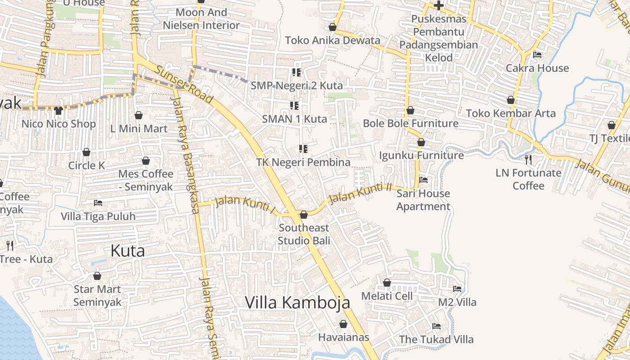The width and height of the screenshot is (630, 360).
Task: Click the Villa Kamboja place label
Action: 297,302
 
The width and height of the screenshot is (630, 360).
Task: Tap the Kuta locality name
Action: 128,251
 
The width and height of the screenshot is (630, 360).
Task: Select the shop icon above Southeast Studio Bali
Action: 304,215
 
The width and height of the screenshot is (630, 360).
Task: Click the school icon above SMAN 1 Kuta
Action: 294,106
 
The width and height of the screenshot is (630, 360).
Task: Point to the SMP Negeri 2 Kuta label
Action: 297,85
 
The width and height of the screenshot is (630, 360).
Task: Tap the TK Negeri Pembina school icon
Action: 303,149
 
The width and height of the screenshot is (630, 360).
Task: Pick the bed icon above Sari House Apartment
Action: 423,180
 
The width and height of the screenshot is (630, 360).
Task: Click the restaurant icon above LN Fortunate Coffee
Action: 528,159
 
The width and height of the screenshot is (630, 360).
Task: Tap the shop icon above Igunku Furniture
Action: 421,142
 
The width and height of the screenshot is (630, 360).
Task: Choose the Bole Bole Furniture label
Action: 410,123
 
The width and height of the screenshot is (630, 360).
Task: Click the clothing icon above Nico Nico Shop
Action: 58,110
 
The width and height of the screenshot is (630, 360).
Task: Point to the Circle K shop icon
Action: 86,152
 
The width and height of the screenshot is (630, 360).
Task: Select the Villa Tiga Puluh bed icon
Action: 98,203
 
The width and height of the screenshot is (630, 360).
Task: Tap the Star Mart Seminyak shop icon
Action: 97,276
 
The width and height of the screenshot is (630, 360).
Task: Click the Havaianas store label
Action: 343,337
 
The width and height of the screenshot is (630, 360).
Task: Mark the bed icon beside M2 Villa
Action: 457,288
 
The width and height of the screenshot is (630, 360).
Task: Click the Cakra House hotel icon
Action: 537,55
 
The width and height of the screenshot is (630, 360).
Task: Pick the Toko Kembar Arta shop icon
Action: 511,99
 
